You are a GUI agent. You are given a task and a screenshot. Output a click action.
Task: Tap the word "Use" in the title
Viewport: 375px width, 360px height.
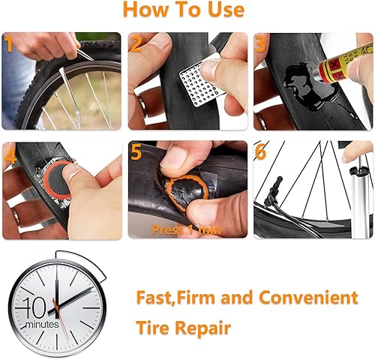tap(224, 10)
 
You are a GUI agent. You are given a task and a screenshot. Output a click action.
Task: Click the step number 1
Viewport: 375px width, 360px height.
tap(10, 44)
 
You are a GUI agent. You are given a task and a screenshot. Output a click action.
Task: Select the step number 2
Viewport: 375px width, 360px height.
tap(136, 45)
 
